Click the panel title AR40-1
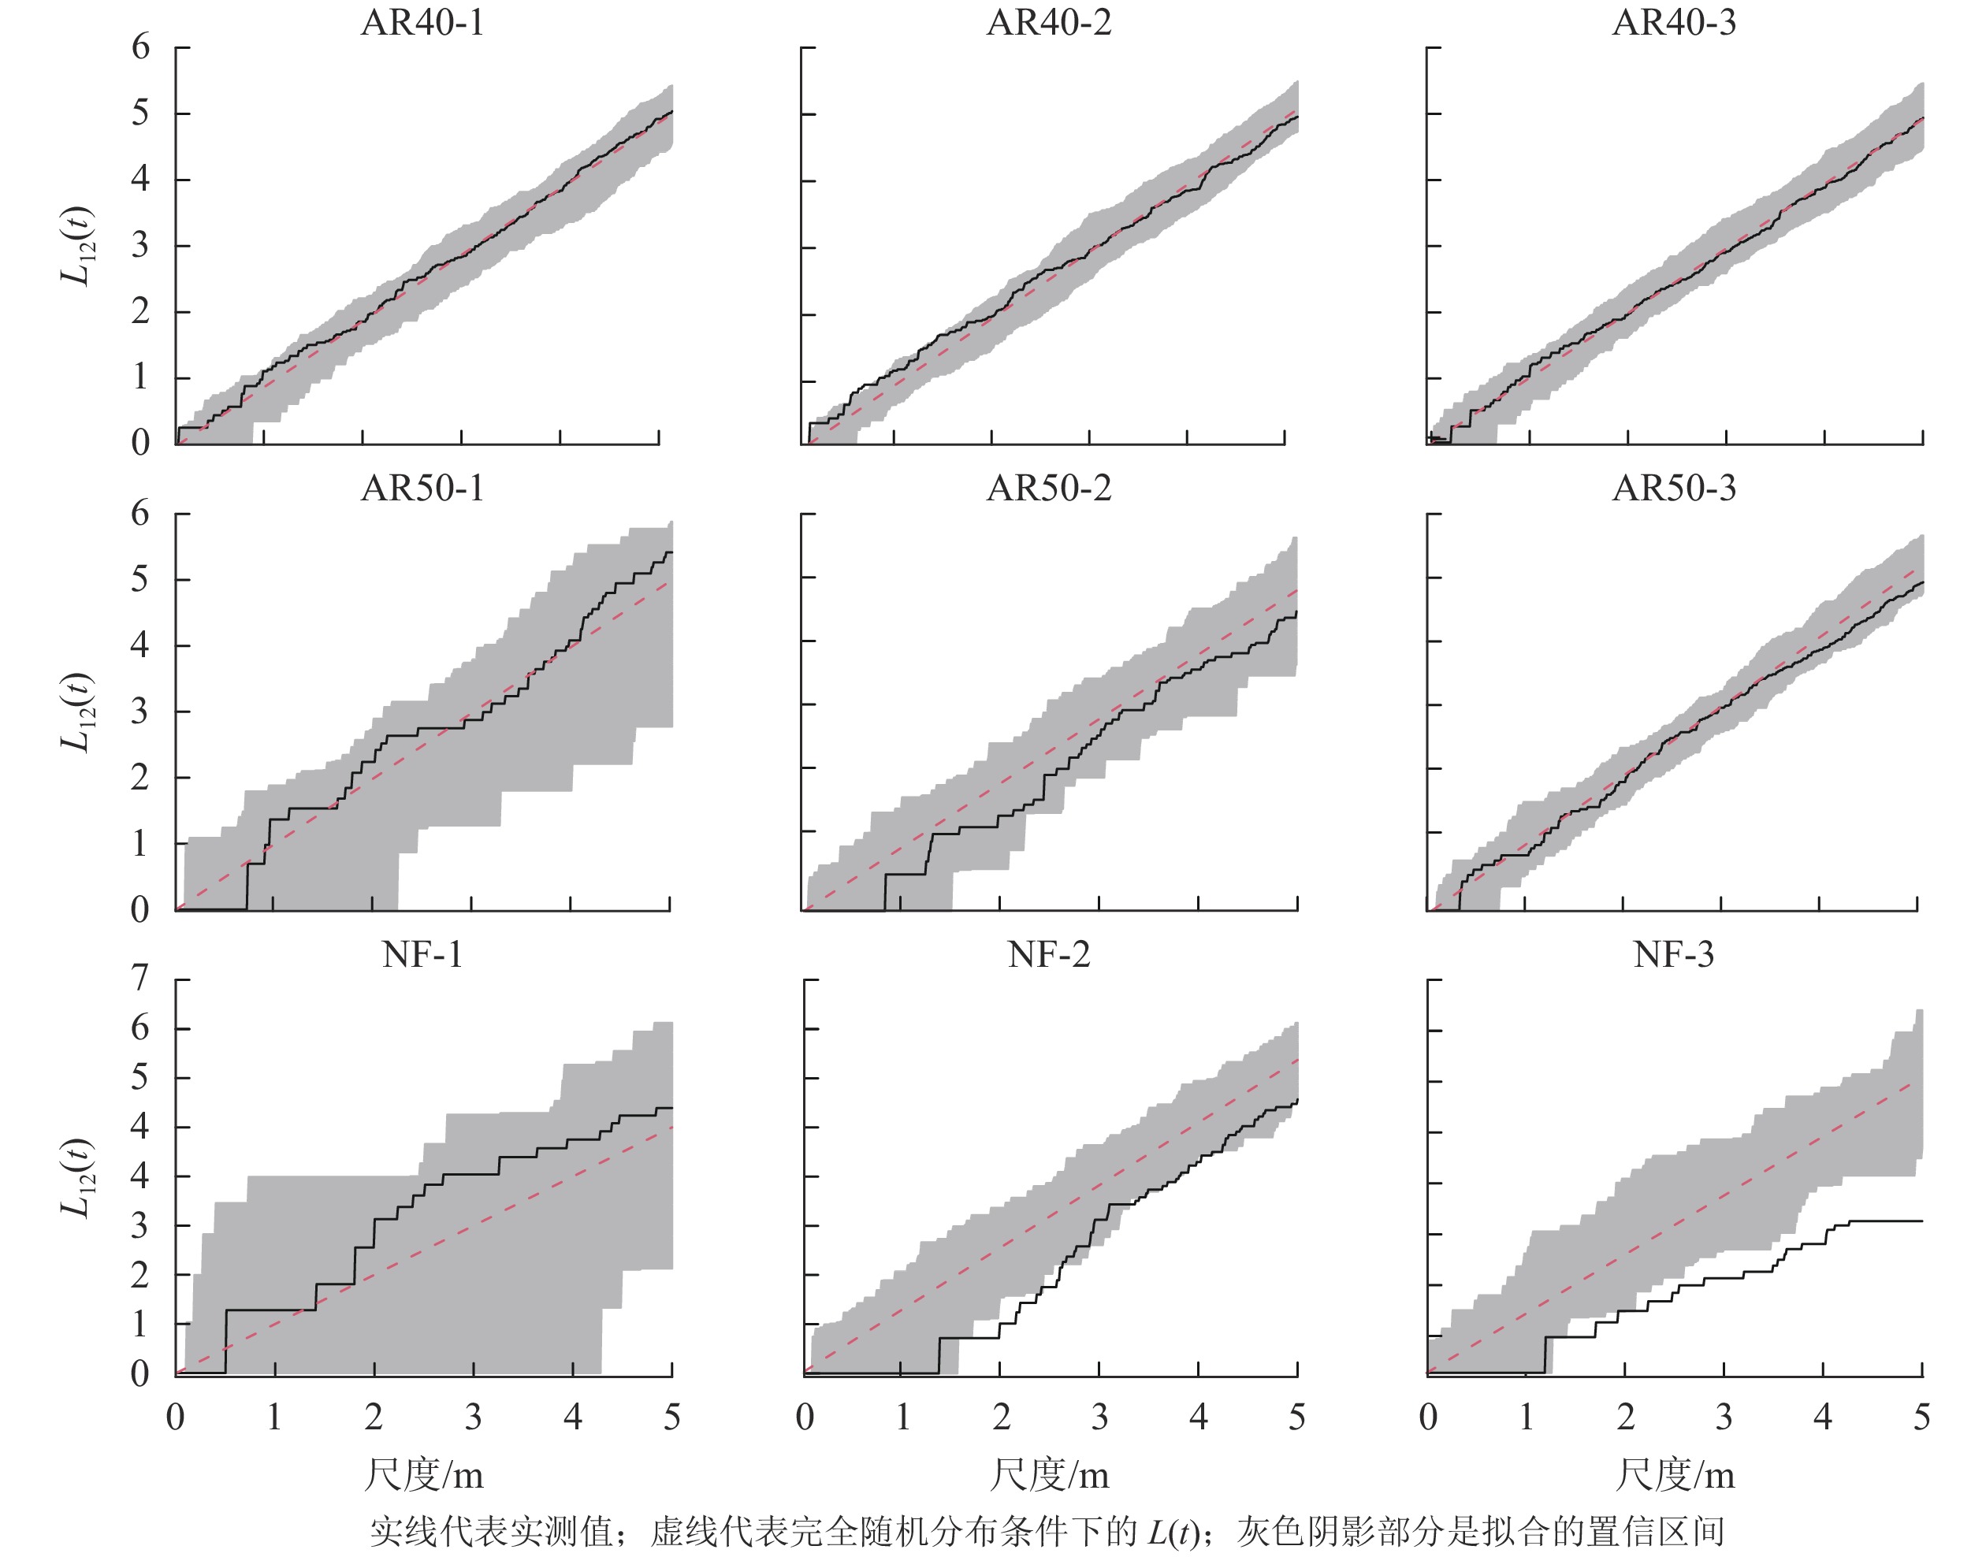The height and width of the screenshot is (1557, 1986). point(422,23)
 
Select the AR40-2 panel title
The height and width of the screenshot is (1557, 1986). point(1049,23)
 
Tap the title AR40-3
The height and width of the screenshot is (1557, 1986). point(1674,23)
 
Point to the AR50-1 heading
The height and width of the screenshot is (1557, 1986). point(422,489)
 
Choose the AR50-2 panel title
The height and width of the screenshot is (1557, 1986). point(1049,489)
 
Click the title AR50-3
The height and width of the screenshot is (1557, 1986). point(1674,489)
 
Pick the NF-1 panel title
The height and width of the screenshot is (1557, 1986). point(422,954)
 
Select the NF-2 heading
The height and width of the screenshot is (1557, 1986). point(1049,954)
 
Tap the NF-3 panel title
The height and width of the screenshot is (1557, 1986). point(1674,954)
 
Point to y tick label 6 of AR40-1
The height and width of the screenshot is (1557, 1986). point(139,46)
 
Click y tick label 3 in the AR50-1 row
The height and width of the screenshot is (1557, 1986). point(139,711)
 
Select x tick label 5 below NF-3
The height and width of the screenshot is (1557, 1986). point(1922,1417)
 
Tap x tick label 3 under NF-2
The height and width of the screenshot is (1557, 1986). point(1099,1417)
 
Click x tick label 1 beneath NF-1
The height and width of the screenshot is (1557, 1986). point(274,1417)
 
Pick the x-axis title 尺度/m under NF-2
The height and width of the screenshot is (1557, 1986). point(1050,1474)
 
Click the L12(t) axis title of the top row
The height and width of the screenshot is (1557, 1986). point(77,246)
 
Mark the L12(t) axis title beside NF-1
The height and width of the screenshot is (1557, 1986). point(77,1178)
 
